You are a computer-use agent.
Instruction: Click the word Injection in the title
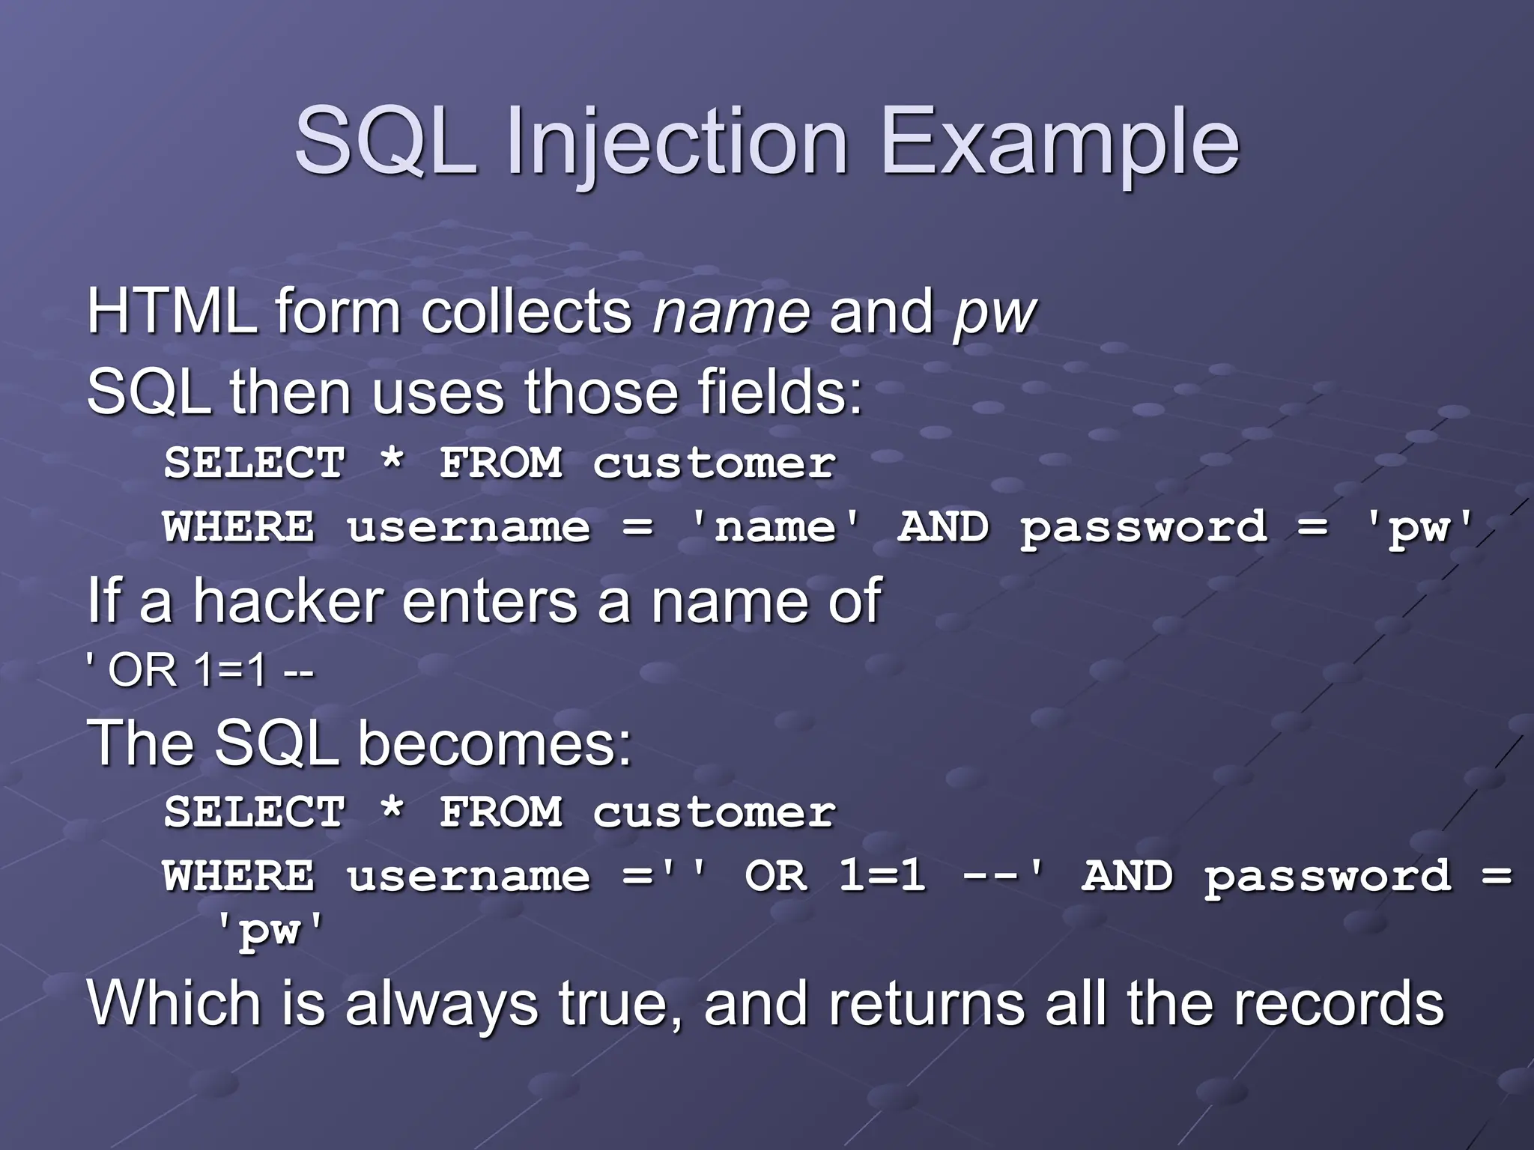point(677,142)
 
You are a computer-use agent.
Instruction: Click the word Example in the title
point(1061,142)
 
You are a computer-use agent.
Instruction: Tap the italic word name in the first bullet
point(731,313)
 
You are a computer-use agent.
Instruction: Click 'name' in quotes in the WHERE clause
point(775,527)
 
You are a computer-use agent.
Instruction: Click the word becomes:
point(494,743)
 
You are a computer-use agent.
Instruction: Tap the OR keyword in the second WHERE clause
point(777,876)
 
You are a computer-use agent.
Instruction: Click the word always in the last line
point(441,1005)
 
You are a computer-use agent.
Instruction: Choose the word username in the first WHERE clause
point(468,527)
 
